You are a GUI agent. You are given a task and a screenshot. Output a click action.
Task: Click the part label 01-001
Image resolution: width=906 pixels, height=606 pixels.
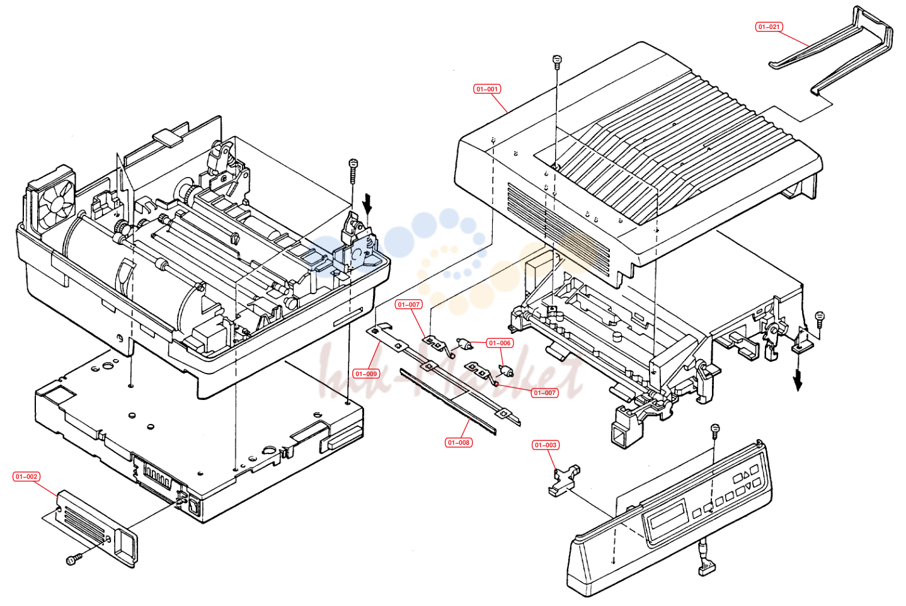point(487,89)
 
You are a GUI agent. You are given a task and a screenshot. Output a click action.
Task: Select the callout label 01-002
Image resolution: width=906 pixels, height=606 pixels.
point(26,477)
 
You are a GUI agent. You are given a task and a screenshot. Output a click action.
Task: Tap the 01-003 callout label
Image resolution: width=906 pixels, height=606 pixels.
point(546,445)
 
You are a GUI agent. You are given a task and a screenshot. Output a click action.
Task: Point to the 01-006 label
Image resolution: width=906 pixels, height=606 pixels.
point(500,343)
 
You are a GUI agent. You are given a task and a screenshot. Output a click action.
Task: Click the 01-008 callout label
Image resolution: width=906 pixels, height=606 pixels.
point(458,443)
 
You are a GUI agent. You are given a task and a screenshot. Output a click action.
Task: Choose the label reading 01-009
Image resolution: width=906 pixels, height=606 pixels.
point(366,374)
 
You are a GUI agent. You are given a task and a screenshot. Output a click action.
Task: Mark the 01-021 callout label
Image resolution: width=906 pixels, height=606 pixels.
point(769,26)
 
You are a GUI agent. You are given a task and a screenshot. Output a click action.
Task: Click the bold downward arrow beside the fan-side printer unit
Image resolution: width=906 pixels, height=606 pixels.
point(367,204)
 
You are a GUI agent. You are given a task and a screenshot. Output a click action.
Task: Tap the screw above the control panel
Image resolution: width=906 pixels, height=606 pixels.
point(714,431)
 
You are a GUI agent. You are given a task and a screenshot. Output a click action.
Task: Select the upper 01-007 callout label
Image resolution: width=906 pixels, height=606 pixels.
point(409,304)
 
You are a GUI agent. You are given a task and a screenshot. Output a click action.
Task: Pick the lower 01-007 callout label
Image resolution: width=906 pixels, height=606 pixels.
point(545,392)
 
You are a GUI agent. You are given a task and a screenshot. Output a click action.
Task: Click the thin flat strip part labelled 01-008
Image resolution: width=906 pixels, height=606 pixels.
point(448,401)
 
